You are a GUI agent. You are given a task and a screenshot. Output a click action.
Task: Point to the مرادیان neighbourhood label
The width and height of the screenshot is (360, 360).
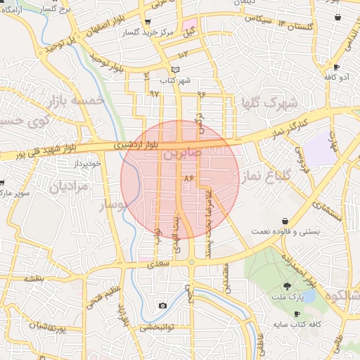[68, 187]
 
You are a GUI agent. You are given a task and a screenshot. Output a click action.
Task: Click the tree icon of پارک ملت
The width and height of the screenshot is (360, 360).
[287, 285]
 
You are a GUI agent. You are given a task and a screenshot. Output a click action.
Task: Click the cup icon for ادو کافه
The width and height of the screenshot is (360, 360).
[336, 68]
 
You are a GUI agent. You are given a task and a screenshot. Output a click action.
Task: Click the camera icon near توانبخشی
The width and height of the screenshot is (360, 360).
[163, 305]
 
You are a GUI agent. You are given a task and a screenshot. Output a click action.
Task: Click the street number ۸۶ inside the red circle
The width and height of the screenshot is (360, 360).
[188, 179]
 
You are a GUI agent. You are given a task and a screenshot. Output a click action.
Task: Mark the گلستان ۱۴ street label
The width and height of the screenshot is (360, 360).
[283, 25]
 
